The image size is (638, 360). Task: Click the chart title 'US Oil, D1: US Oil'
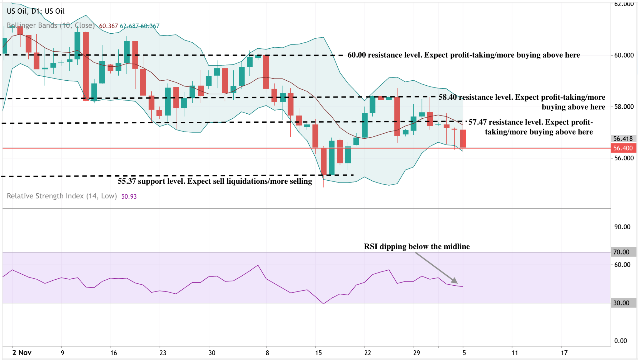36,11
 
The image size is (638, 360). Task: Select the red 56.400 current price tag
623,148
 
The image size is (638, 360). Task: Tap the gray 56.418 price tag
623,139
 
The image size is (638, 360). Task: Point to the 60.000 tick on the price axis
624,55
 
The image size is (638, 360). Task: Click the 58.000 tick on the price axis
624,107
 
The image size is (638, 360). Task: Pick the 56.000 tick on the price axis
624,158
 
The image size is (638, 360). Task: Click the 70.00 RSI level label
621,252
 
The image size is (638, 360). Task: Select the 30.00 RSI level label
621,303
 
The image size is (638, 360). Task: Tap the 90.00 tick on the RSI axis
622,227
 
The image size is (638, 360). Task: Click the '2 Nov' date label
22,353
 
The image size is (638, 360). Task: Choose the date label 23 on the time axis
163,353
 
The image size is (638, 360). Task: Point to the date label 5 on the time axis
464,353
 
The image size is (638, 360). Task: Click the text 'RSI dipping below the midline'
417,247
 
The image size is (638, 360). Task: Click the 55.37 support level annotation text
215,181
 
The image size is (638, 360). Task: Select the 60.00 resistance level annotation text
464,55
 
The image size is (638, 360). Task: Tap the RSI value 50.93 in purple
129,197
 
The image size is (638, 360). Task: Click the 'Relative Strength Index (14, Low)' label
62,196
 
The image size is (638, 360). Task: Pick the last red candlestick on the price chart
463,139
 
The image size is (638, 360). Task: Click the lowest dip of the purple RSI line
324,304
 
